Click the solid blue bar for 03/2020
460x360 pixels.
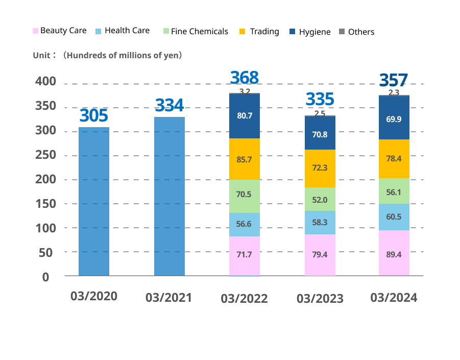click(x=94, y=201)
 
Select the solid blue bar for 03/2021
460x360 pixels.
click(x=170, y=196)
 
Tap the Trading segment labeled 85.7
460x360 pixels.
click(x=245, y=159)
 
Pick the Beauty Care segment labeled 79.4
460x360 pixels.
click(x=320, y=255)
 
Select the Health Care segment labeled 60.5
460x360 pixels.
click(x=394, y=217)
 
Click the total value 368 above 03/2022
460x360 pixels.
click(x=245, y=78)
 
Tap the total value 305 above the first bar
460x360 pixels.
click(x=94, y=116)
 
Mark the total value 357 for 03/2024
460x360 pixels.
click(x=394, y=80)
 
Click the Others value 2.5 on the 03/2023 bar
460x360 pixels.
click(x=320, y=113)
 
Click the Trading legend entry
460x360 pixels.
click(x=259, y=32)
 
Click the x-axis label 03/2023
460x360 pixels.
click(x=320, y=298)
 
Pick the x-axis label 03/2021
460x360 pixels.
click(x=168, y=297)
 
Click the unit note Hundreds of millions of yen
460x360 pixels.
click(x=123, y=55)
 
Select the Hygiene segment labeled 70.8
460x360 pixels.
click(x=320, y=135)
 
